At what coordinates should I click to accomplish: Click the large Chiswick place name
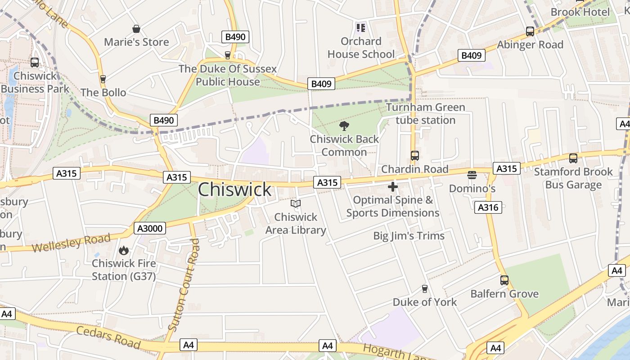234,189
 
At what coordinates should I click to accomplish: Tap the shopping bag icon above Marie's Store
136,29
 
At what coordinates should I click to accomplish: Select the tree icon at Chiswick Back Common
344,126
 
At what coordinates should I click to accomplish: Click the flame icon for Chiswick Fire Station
124,250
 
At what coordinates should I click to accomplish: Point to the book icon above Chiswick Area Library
295,204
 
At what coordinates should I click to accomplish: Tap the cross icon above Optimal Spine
393,187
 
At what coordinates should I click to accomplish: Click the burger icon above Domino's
472,175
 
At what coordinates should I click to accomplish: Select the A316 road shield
488,207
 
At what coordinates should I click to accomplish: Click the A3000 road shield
150,228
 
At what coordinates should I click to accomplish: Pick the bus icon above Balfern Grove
504,280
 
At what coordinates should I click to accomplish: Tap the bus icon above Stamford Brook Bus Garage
573,158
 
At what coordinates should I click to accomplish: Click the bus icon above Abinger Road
530,31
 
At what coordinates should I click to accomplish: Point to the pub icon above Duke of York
424,289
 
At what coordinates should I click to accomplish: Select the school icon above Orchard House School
360,28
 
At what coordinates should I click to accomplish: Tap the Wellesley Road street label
71,243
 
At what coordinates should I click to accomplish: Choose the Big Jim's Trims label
409,236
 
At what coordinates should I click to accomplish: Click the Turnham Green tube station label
425,114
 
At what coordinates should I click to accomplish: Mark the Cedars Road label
108,337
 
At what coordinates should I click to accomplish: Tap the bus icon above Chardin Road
414,156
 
